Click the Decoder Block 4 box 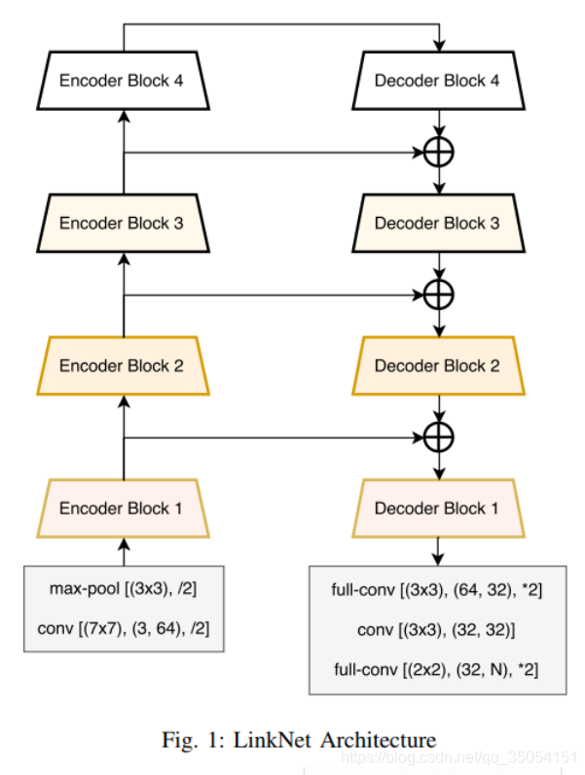point(437,81)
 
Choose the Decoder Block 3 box point(437,223)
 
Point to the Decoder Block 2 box point(437,366)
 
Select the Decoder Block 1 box point(437,509)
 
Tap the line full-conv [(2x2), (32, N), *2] point(437,670)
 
